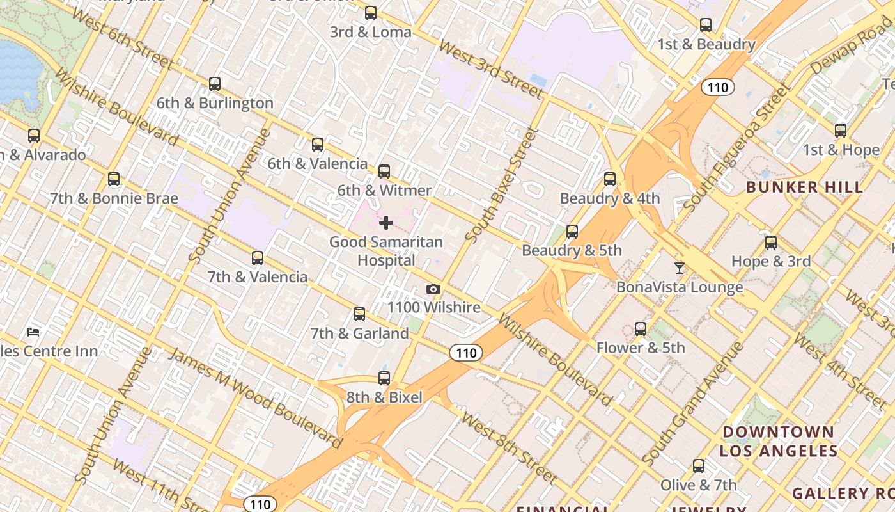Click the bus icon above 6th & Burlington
click(x=215, y=84)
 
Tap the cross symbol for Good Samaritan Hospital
click(x=386, y=223)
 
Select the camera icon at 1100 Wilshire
click(x=433, y=289)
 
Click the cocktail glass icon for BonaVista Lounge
click(x=680, y=268)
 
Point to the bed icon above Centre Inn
click(x=34, y=332)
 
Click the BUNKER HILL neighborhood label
click(x=804, y=188)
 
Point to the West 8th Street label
click(x=508, y=447)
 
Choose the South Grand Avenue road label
click(x=693, y=404)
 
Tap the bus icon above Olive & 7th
click(x=699, y=466)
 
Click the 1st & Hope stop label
click(x=841, y=150)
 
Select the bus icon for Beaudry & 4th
click(x=610, y=179)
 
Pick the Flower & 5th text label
click(x=640, y=348)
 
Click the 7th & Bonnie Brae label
click(x=114, y=198)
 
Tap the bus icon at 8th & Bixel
click(x=384, y=378)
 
